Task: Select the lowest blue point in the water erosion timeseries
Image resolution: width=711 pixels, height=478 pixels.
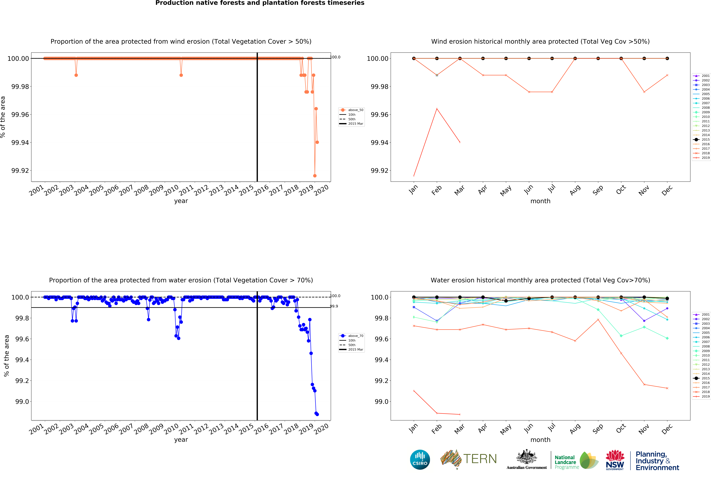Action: tap(317, 414)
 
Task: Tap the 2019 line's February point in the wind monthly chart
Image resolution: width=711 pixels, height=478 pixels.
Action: tap(437, 109)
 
